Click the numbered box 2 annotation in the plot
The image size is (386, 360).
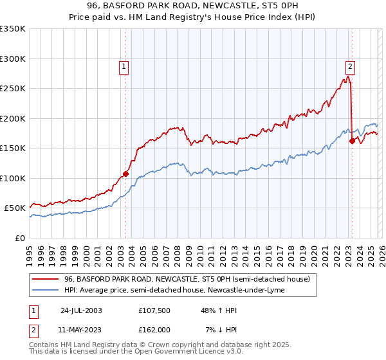pos(350,65)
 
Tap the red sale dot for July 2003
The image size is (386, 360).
pos(126,174)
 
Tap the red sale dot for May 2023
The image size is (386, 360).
pos(352,141)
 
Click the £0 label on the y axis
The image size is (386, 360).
pos(20,238)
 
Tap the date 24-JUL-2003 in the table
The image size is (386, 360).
pos(81,310)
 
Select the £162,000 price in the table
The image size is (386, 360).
pos(154,329)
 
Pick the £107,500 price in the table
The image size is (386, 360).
pos(154,310)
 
